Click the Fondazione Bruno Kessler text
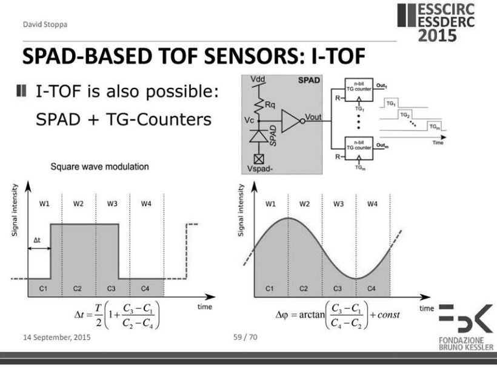coord(469,348)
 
